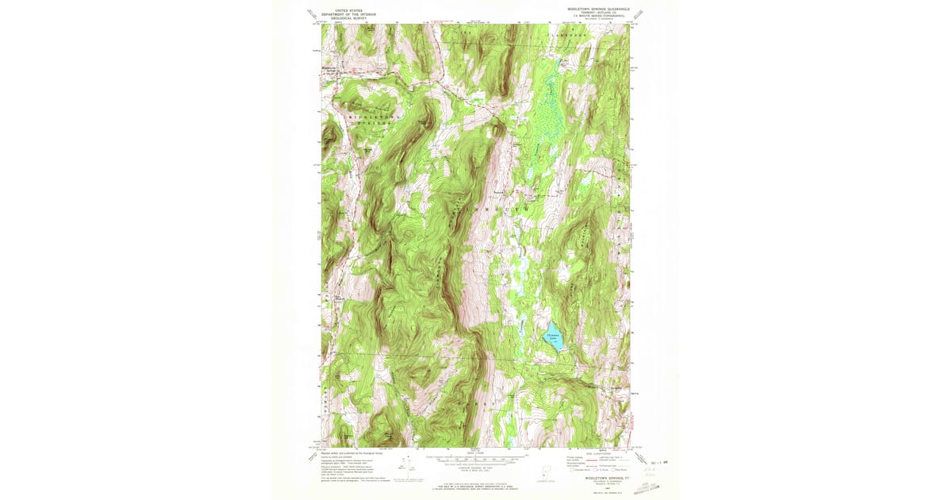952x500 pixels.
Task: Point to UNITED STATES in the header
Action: pos(339,10)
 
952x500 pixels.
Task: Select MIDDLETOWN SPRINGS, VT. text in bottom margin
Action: pos(597,479)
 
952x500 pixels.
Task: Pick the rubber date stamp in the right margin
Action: pos(655,457)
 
